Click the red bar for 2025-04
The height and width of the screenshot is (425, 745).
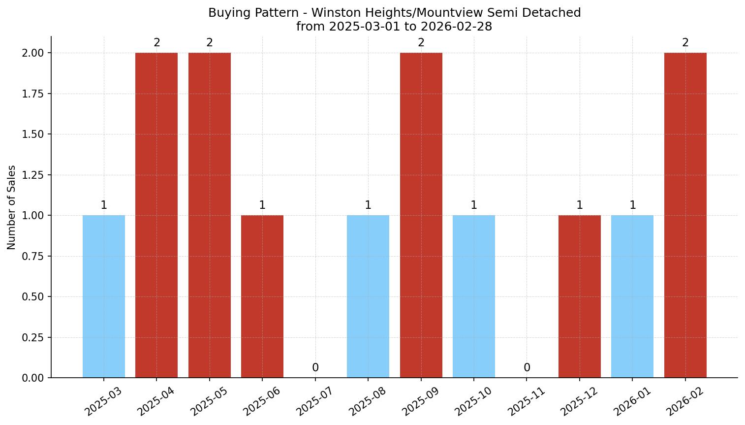pos(156,215)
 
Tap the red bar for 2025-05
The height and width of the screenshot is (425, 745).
pos(210,215)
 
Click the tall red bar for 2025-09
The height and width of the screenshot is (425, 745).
pos(421,215)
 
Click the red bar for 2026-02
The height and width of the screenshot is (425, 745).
pos(685,215)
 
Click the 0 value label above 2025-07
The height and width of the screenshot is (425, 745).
pos(315,368)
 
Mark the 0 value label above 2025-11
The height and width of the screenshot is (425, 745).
pos(527,368)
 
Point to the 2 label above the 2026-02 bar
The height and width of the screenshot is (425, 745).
pos(685,43)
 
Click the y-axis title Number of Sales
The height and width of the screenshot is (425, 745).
pos(12,207)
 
